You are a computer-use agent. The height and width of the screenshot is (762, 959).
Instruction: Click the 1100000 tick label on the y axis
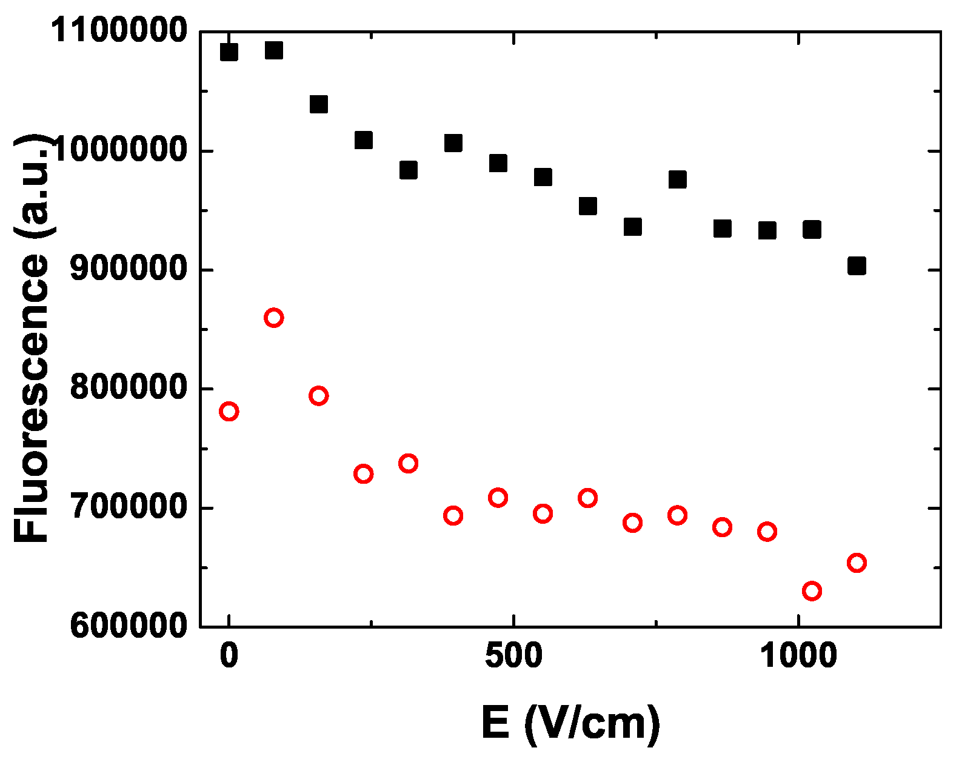118,30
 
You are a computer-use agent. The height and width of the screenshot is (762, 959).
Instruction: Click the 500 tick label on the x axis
513,656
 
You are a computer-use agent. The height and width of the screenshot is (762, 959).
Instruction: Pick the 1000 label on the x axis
798,656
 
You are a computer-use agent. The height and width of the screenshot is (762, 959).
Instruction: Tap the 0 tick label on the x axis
229,656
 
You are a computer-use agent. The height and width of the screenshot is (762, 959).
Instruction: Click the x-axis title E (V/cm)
570,723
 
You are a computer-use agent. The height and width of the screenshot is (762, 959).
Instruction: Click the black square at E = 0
229,52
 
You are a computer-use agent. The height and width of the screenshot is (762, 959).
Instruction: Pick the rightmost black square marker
857,266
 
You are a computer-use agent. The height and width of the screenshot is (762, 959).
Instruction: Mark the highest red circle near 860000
273,318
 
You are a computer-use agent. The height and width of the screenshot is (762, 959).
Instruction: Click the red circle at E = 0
229,412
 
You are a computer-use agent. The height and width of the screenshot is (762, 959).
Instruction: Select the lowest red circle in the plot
812,590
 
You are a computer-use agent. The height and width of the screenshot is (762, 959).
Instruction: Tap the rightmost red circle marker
857,563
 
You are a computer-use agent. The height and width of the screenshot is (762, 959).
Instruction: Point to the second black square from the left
273,50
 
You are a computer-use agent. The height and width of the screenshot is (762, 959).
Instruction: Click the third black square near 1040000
318,104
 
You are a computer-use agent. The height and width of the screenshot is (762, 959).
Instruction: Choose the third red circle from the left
318,396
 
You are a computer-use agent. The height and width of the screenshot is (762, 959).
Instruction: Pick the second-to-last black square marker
812,230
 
